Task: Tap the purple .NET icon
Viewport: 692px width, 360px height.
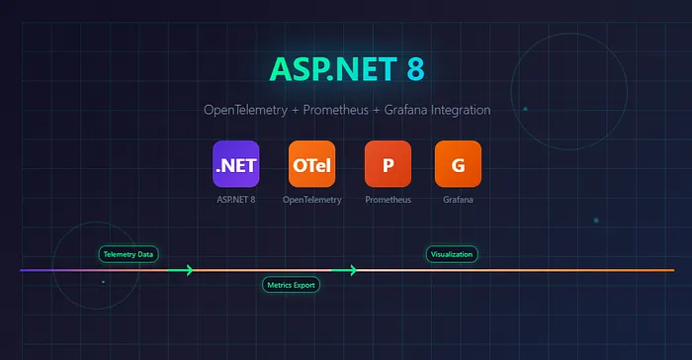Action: (235, 164)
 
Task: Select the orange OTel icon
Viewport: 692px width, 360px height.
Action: (311, 164)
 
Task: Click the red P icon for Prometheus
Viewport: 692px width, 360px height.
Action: (388, 164)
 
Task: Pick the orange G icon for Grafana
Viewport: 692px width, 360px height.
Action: (458, 164)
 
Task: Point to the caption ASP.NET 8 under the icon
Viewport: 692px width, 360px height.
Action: (235, 200)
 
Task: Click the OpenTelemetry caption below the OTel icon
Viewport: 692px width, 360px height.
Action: (311, 200)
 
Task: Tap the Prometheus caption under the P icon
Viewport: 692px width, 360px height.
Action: (388, 200)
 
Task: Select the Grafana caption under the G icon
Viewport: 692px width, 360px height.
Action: (458, 200)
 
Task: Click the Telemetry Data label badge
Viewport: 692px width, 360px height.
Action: (129, 254)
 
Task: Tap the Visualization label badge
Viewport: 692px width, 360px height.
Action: (452, 254)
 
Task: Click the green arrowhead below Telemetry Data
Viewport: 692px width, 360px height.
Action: (187, 270)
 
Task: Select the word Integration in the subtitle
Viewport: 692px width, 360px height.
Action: (457, 111)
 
